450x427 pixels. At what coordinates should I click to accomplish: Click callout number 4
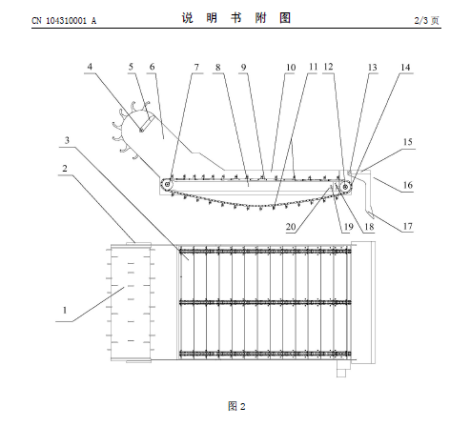click(90, 67)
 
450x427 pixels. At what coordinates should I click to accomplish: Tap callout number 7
click(196, 68)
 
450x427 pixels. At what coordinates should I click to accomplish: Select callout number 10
click(291, 68)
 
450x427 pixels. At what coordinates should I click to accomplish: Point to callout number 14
click(405, 68)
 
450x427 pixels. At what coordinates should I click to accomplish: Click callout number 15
click(408, 142)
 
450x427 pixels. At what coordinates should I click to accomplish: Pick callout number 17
click(408, 226)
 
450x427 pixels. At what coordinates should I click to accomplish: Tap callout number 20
click(291, 227)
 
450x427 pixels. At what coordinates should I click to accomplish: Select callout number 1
click(65, 310)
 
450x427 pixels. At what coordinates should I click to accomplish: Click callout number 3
click(67, 140)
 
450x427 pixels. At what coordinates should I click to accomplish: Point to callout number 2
click(65, 168)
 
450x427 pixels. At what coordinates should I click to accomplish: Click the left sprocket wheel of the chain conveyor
click(167, 184)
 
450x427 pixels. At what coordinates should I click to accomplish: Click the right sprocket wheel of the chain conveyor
click(345, 187)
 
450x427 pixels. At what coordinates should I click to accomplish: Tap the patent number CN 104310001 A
click(64, 21)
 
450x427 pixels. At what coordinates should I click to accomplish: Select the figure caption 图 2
click(236, 406)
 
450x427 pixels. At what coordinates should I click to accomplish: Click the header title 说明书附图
click(236, 18)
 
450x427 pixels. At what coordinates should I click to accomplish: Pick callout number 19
click(349, 227)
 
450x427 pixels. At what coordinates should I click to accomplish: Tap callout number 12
click(329, 67)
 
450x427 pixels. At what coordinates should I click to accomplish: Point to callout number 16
click(408, 185)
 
